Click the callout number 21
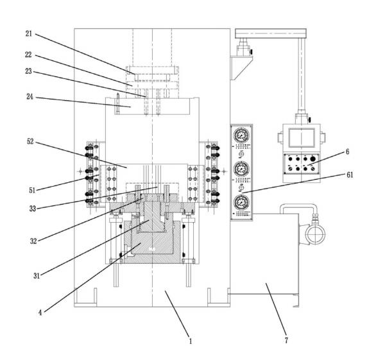[x=29, y=33]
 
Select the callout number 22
[x=28, y=55]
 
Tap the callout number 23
[x=28, y=71]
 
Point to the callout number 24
[x=30, y=96]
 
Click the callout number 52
[x=30, y=141]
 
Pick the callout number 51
[x=32, y=190]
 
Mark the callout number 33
[x=33, y=209]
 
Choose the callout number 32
[x=33, y=241]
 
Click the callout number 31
[x=37, y=275]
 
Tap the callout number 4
[x=40, y=313]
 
